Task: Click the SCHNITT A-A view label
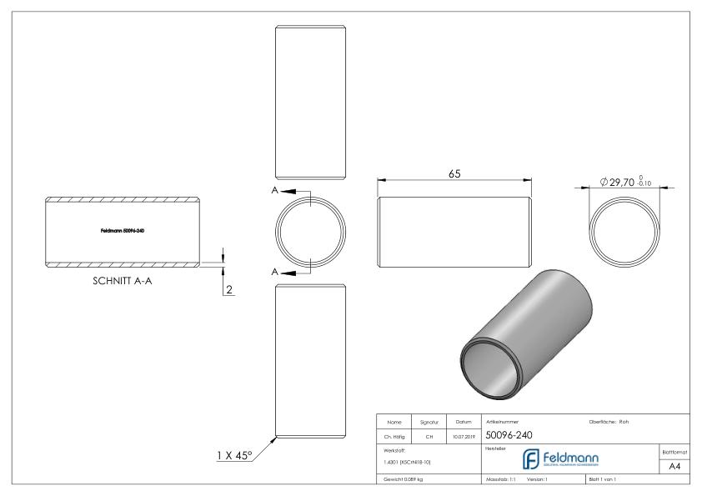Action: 127,281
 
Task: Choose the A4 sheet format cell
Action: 674,467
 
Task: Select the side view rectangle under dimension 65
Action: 455,228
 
